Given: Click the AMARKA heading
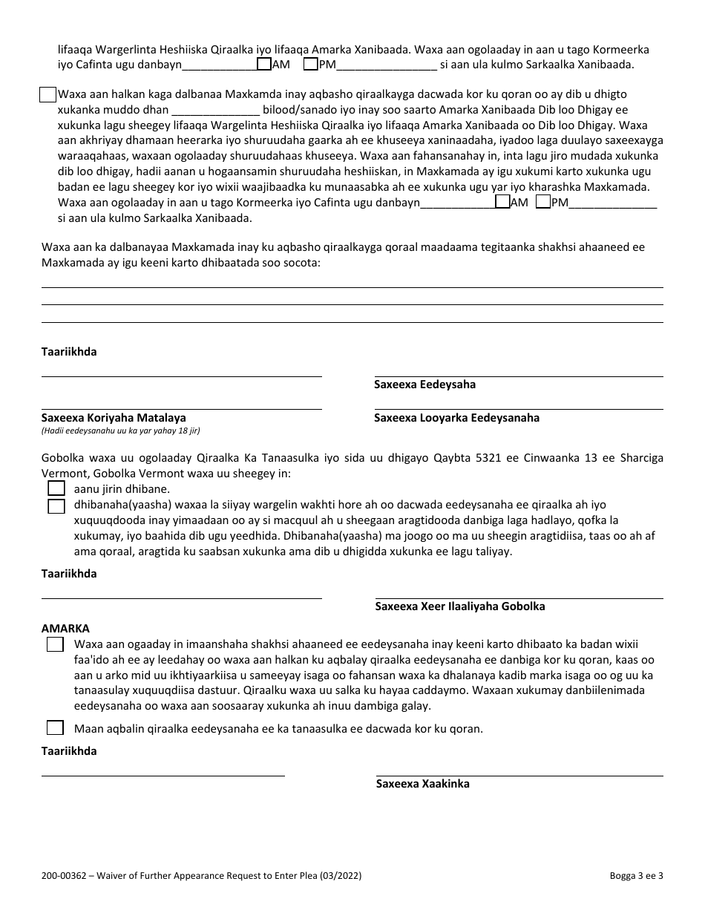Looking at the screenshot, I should [65, 628].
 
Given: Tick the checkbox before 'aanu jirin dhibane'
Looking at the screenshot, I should [56, 488].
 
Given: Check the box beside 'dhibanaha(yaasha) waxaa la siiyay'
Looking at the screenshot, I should [56, 506].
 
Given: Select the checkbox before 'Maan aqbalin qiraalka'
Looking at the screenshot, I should [55, 727].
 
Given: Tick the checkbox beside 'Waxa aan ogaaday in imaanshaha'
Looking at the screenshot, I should [55, 644].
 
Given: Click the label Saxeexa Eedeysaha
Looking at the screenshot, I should [424, 384].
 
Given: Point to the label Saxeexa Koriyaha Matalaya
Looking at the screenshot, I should [114, 418].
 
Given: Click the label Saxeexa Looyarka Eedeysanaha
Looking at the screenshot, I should [456, 418].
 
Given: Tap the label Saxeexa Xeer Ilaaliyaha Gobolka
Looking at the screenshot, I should [460, 606].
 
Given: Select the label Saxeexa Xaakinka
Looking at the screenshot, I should [422, 784].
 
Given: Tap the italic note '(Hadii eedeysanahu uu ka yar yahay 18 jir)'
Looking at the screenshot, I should [120, 431].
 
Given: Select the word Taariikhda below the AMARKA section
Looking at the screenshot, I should [69, 751].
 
